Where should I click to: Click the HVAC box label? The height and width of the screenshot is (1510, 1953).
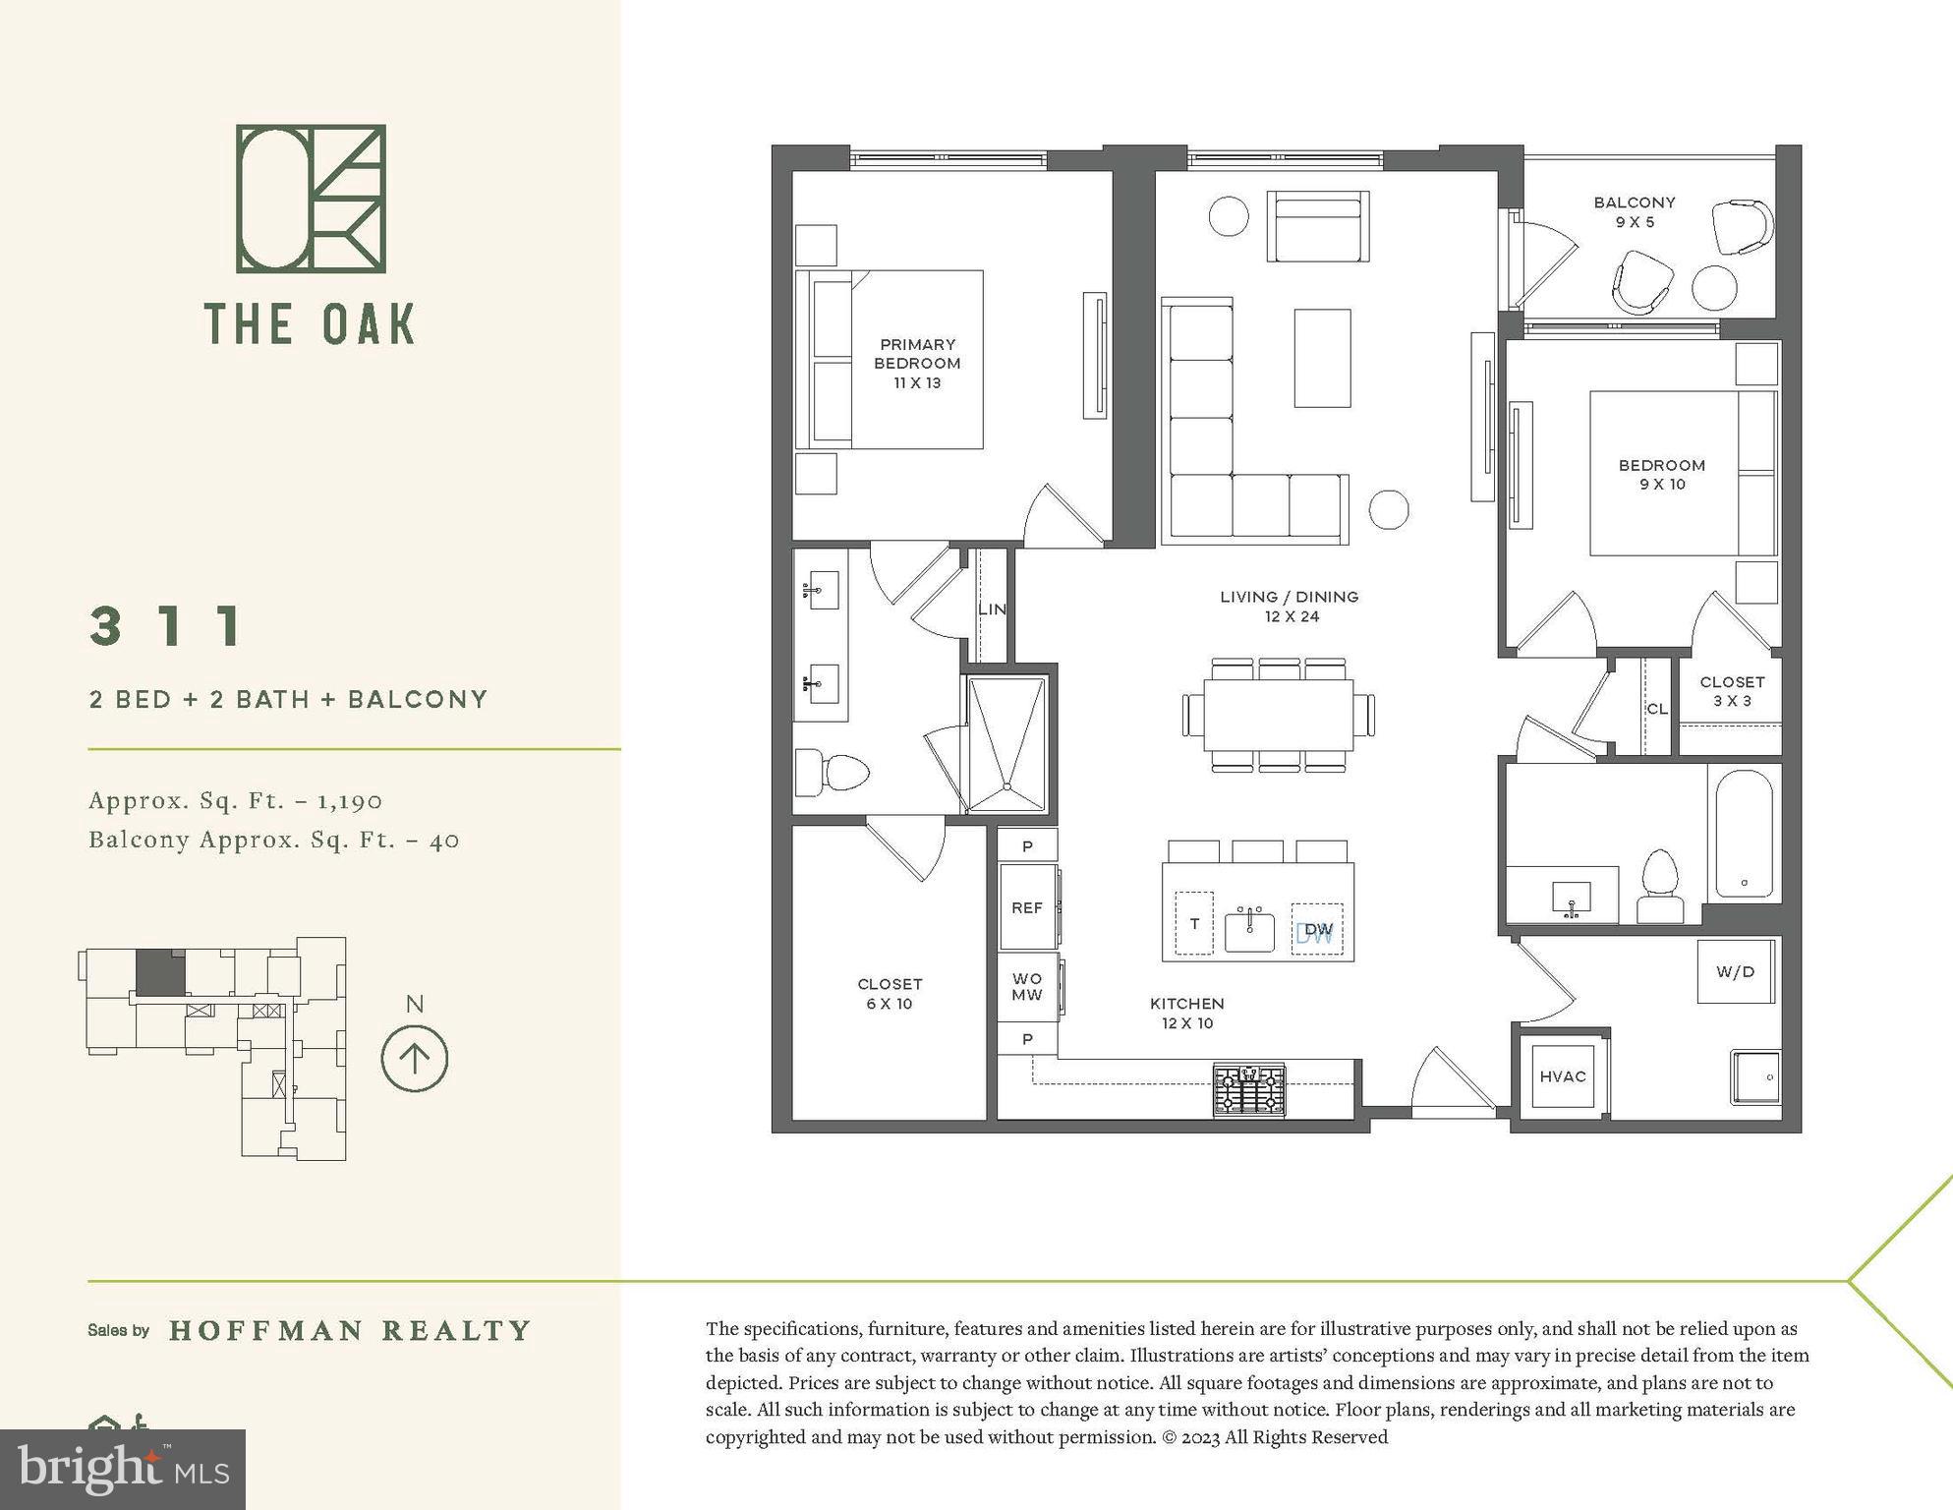click(x=1562, y=1076)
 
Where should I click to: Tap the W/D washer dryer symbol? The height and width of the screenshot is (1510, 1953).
click(x=1735, y=972)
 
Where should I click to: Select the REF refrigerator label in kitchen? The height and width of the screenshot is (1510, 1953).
click(x=1026, y=907)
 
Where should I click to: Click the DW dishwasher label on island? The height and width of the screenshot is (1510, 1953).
click(x=1316, y=930)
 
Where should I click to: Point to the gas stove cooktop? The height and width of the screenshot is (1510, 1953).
click(x=1248, y=1089)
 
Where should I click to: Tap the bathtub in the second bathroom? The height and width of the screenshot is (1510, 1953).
click(x=1744, y=834)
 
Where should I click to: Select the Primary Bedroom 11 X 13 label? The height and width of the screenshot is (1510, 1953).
click(x=917, y=364)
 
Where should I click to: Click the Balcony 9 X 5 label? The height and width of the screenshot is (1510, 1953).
click(x=1634, y=212)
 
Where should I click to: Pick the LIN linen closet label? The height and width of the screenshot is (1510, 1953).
click(x=992, y=610)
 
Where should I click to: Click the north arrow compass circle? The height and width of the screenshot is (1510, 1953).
click(x=414, y=1059)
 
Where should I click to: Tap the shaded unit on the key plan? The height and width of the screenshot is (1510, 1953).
click(x=159, y=973)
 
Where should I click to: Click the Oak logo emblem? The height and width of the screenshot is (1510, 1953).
click(x=311, y=199)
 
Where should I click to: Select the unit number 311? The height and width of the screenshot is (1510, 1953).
click(x=167, y=626)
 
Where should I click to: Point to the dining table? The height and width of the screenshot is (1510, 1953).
click(x=1278, y=715)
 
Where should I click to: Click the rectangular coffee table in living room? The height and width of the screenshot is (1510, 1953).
click(x=1321, y=358)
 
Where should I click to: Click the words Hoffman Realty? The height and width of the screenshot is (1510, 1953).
click(x=350, y=1331)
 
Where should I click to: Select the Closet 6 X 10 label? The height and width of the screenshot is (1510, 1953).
click(x=889, y=994)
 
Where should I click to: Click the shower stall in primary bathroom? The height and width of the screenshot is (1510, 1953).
click(x=1005, y=744)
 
